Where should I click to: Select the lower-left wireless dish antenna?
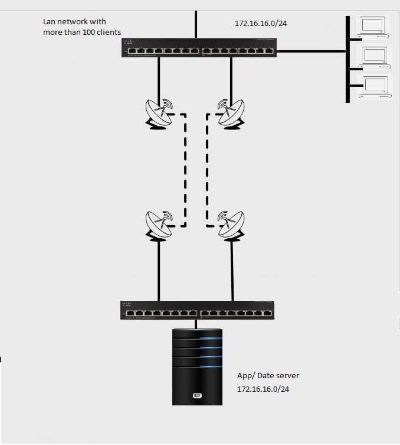tap(158, 225)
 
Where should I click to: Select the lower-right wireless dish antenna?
tap(231, 225)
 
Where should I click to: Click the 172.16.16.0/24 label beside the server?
tap(263, 389)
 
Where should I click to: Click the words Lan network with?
tap(74, 21)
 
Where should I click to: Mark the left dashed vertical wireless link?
tap(185, 171)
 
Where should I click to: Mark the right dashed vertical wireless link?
tap(207, 171)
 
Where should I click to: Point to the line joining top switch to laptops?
tap(310, 51)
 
